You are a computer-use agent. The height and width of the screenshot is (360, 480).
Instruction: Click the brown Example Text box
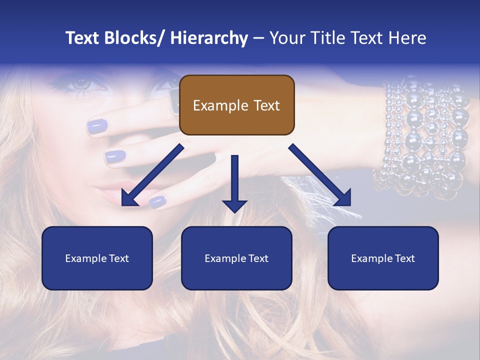pos(236,105)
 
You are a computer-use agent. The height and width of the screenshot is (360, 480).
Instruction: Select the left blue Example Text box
pos(97,258)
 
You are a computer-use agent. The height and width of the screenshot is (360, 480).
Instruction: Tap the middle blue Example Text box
pos(236,258)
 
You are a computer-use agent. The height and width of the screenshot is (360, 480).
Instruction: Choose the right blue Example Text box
pos(383,258)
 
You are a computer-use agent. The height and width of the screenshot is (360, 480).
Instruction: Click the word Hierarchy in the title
pos(209,38)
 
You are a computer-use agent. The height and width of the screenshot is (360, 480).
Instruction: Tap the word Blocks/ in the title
pos(133,38)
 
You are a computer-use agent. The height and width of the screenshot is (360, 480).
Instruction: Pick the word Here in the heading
pos(407,38)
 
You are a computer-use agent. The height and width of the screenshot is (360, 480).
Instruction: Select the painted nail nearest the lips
pos(158,201)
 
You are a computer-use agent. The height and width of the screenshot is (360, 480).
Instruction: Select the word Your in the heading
pos(288,38)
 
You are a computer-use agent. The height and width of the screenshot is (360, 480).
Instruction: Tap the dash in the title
pos(258,38)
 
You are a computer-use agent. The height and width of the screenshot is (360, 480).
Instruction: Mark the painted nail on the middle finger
pos(115,156)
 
